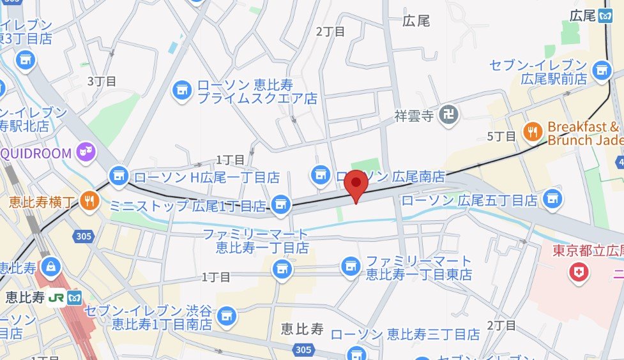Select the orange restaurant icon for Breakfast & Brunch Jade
pyautogui.click(x=532, y=132)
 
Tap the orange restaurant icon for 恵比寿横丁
pyautogui.click(x=89, y=202)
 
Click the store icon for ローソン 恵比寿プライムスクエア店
pyautogui.click(x=182, y=91)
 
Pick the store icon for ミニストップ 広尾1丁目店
pyautogui.click(x=279, y=205)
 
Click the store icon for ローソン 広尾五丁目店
pyautogui.click(x=551, y=200)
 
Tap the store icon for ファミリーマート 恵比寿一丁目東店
pyautogui.click(x=350, y=267)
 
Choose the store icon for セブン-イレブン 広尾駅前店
pyautogui.click(x=602, y=71)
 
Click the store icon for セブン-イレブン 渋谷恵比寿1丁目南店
pyautogui.click(x=225, y=315)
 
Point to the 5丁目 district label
pyautogui.click(x=501, y=136)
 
